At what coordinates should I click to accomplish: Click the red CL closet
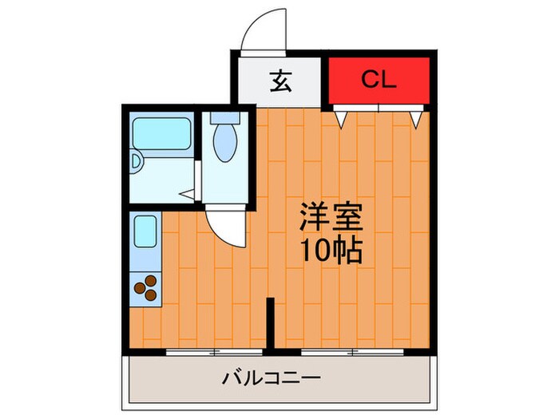[x=380, y=80]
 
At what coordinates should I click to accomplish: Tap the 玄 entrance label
[x=279, y=81]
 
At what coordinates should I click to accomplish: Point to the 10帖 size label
[x=331, y=251]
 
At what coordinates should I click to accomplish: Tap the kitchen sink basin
[x=145, y=230]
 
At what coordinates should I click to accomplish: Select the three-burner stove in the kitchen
[x=145, y=287]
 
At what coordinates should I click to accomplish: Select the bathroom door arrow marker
[x=185, y=192]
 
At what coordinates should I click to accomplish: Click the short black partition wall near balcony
[x=270, y=323]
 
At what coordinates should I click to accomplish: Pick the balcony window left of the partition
[x=214, y=351]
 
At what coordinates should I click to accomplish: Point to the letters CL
[x=380, y=80]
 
